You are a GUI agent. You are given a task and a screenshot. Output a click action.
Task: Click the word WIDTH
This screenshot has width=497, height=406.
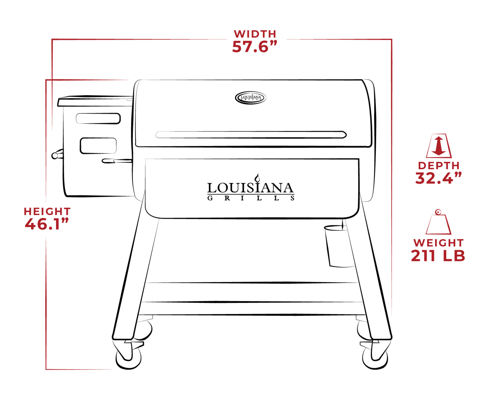[x=255, y=34]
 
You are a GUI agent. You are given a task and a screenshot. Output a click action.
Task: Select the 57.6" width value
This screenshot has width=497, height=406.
[x=254, y=47]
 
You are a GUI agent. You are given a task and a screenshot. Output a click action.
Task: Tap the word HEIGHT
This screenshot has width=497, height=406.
[x=47, y=212]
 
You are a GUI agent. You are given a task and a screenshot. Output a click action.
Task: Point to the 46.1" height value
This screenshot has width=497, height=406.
[x=47, y=224]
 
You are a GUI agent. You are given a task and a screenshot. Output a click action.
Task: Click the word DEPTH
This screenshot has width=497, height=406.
[x=439, y=166]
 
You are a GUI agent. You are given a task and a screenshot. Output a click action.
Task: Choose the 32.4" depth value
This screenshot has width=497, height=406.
[x=438, y=178]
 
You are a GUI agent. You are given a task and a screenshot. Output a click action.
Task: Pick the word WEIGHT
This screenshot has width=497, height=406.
[x=438, y=243]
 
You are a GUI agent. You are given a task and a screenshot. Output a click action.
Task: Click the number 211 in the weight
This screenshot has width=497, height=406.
[x=424, y=256]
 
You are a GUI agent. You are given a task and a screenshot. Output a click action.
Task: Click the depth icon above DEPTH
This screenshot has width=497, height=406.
[x=439, y=146]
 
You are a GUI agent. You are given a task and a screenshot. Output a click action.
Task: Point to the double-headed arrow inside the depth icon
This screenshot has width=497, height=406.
[x=439, y=146]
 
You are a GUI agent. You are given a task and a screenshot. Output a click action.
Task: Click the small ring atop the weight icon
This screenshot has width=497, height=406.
[x=438, y=211]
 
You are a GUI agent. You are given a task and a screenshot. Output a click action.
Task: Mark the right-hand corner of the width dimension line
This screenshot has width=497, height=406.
[x=392, y=39]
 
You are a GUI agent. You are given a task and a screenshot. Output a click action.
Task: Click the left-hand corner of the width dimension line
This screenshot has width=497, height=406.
[x=52, y=39]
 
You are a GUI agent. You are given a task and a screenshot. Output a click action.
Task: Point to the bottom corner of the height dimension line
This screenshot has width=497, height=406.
[x=46, y=369]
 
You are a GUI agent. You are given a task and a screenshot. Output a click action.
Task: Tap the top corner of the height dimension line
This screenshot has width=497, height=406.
[x=46, y=80]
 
